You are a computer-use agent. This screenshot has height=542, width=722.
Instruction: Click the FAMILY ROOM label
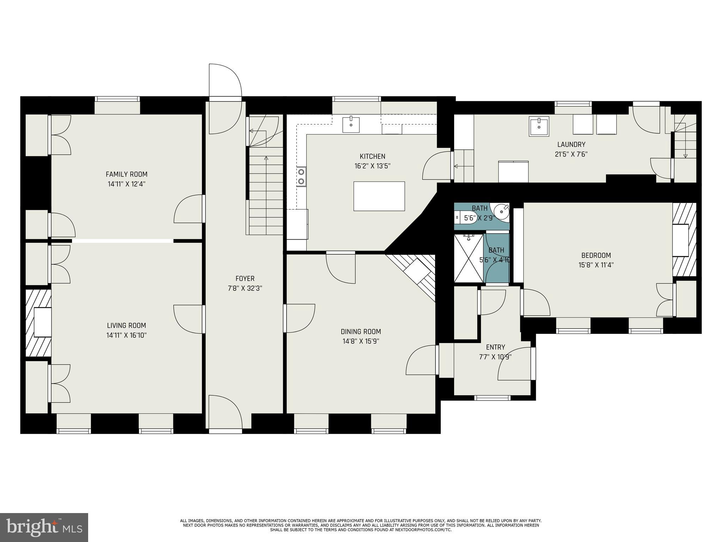coord(127,174)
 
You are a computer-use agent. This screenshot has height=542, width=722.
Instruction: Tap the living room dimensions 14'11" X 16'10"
coord(127,335)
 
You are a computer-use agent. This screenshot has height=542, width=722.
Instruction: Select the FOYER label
coord(245,279)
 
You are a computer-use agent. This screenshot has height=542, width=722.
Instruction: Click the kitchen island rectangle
coord(379,196)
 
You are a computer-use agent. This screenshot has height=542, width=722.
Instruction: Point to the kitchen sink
coord(351,124)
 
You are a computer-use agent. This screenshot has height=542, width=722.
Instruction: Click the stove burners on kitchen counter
coord(301,177)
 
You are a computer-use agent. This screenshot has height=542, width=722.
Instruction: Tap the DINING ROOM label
coord(361,332)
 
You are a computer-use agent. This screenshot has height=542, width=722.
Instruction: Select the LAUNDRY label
coord(571,144)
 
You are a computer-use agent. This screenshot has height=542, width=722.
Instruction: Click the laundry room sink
coord(539,126)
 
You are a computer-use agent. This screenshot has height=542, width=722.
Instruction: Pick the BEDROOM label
coord(596,255)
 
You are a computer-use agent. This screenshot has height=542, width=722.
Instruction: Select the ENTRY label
coord(495,347)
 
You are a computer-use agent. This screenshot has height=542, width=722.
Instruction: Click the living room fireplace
coord(39,323)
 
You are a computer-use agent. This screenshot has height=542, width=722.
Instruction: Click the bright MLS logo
coord(44,528)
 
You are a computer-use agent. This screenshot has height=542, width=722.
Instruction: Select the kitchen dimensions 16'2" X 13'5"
coord(372,166)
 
